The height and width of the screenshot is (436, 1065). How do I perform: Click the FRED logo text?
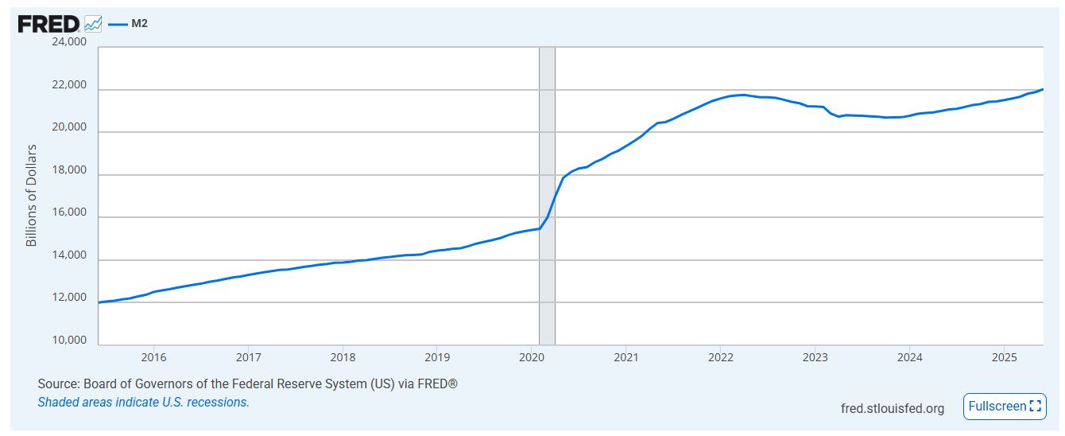click(x=48, y=24)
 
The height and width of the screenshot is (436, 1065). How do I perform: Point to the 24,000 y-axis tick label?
click(x=69, y=42)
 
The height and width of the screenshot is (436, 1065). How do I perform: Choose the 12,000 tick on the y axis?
click(x=69, y=298)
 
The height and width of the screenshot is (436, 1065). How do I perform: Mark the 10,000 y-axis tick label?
click(x=69, y=341)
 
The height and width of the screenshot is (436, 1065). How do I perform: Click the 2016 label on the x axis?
click(x=153, y=357)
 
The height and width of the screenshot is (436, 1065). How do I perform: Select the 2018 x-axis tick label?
click(x=343, y=357)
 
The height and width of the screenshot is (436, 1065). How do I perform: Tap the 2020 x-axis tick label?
click(x=532, y=357)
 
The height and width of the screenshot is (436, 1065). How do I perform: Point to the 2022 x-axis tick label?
click(x=720, y=357)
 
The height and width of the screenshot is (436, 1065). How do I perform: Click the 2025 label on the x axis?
click(x=1004, y=357)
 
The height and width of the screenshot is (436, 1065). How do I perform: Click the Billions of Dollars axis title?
click(x=32, y=195)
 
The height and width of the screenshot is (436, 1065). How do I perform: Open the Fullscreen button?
click(x=1005, y=407)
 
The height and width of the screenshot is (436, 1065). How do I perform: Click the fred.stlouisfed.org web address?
click(x=893, y=408)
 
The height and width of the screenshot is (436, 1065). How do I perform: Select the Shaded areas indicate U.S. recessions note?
click(x=144, y=402)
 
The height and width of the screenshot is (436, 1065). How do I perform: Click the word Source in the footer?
click(x=56, y=384)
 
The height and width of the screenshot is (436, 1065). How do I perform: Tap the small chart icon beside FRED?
click(x=93, y=24)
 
